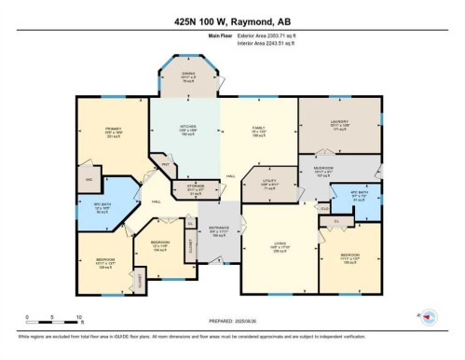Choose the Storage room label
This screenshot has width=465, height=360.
(196, 188)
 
